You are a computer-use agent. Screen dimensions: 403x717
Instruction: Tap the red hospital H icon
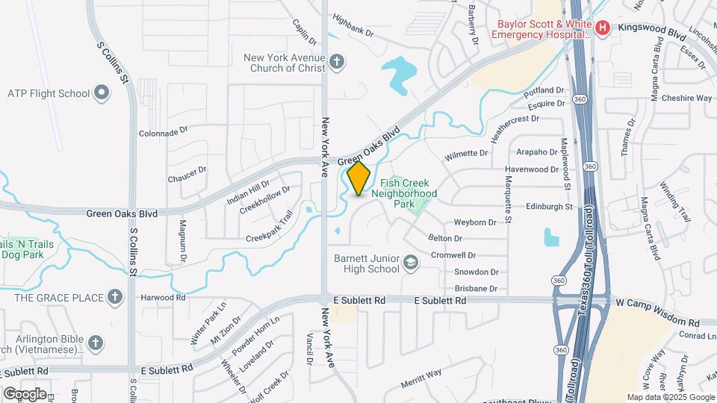603,28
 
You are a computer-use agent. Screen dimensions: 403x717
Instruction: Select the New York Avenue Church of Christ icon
337,61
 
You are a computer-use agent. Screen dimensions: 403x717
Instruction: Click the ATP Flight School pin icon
102,94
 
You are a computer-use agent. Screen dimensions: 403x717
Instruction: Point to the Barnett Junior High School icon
411,263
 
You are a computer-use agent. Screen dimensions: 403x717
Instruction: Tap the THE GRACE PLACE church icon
114,298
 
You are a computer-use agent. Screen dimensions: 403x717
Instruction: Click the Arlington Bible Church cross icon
94,343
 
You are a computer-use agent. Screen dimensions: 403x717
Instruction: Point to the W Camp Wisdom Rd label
657,302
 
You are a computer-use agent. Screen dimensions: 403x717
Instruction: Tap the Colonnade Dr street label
163,133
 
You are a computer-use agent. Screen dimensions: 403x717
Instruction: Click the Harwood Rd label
163,297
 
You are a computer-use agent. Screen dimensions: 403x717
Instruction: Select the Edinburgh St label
548,206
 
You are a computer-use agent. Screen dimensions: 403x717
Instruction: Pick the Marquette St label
507,197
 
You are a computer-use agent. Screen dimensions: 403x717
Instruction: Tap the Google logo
25,393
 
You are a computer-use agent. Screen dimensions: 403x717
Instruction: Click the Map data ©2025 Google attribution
670,397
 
